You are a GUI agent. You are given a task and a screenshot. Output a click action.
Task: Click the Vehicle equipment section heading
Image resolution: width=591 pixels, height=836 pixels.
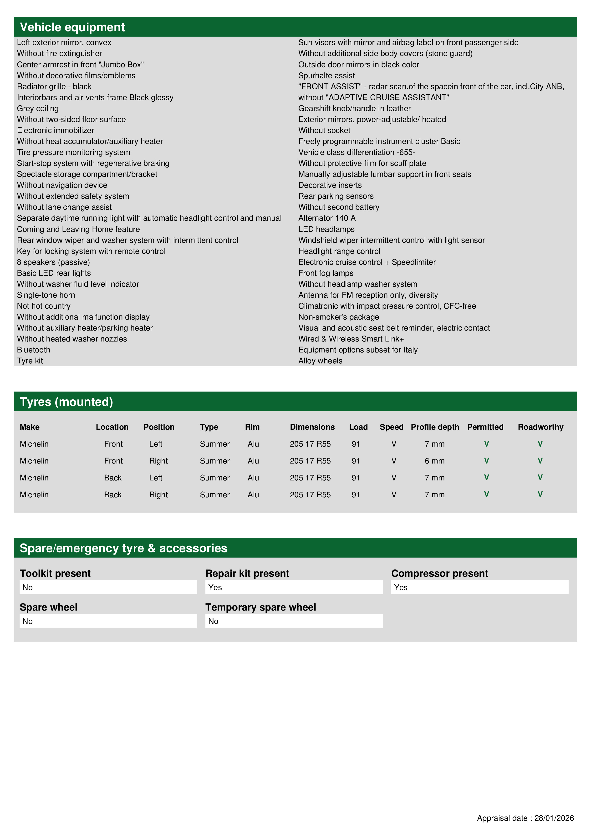tap(72, 27)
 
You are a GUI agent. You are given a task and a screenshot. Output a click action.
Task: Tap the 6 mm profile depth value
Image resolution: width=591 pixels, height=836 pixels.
tap(434, 461)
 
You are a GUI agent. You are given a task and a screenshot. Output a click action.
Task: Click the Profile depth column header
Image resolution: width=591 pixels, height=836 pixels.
tap(435, 427)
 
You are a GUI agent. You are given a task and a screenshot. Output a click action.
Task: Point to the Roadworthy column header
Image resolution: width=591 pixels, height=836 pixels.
tap(540, 427)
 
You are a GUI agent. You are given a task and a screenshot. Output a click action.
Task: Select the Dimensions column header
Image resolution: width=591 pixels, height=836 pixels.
tap(312, 427)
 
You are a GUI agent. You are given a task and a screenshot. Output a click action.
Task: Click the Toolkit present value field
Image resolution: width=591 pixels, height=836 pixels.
tap(108, 587)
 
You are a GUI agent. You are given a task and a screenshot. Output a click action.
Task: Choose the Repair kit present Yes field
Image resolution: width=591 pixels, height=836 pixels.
tap(294, 587)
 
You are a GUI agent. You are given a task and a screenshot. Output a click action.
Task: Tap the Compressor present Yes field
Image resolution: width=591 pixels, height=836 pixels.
tap(479, 587)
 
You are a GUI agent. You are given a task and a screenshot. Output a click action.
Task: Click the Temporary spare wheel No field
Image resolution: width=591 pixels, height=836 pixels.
tap(294, 621)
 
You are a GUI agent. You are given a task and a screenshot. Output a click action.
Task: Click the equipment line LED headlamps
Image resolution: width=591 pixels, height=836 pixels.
tap(326, 229)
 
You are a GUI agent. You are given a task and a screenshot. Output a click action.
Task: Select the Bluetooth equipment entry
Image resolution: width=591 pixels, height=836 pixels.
tap(34, 350)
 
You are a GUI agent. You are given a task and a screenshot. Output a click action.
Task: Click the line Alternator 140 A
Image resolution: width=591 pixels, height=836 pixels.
tap(327, 218)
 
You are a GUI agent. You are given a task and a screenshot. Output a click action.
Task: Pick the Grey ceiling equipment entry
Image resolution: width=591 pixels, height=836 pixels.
tap(37, 108)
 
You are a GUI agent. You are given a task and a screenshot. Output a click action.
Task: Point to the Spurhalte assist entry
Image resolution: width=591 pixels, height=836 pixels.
tap(326, 76)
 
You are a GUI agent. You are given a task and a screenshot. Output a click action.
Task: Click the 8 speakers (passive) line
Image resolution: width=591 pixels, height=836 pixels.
tap(53, 262)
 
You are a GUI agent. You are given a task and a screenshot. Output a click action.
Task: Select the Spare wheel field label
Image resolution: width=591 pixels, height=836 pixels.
tap(48, 607)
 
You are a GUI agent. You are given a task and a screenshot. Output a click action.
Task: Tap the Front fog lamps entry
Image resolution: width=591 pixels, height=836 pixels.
tap(326, 273)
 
